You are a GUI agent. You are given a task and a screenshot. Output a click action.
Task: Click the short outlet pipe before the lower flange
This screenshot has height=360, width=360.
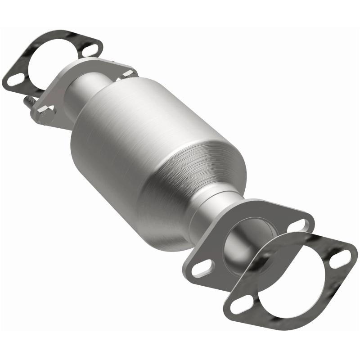tap(211, 216)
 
